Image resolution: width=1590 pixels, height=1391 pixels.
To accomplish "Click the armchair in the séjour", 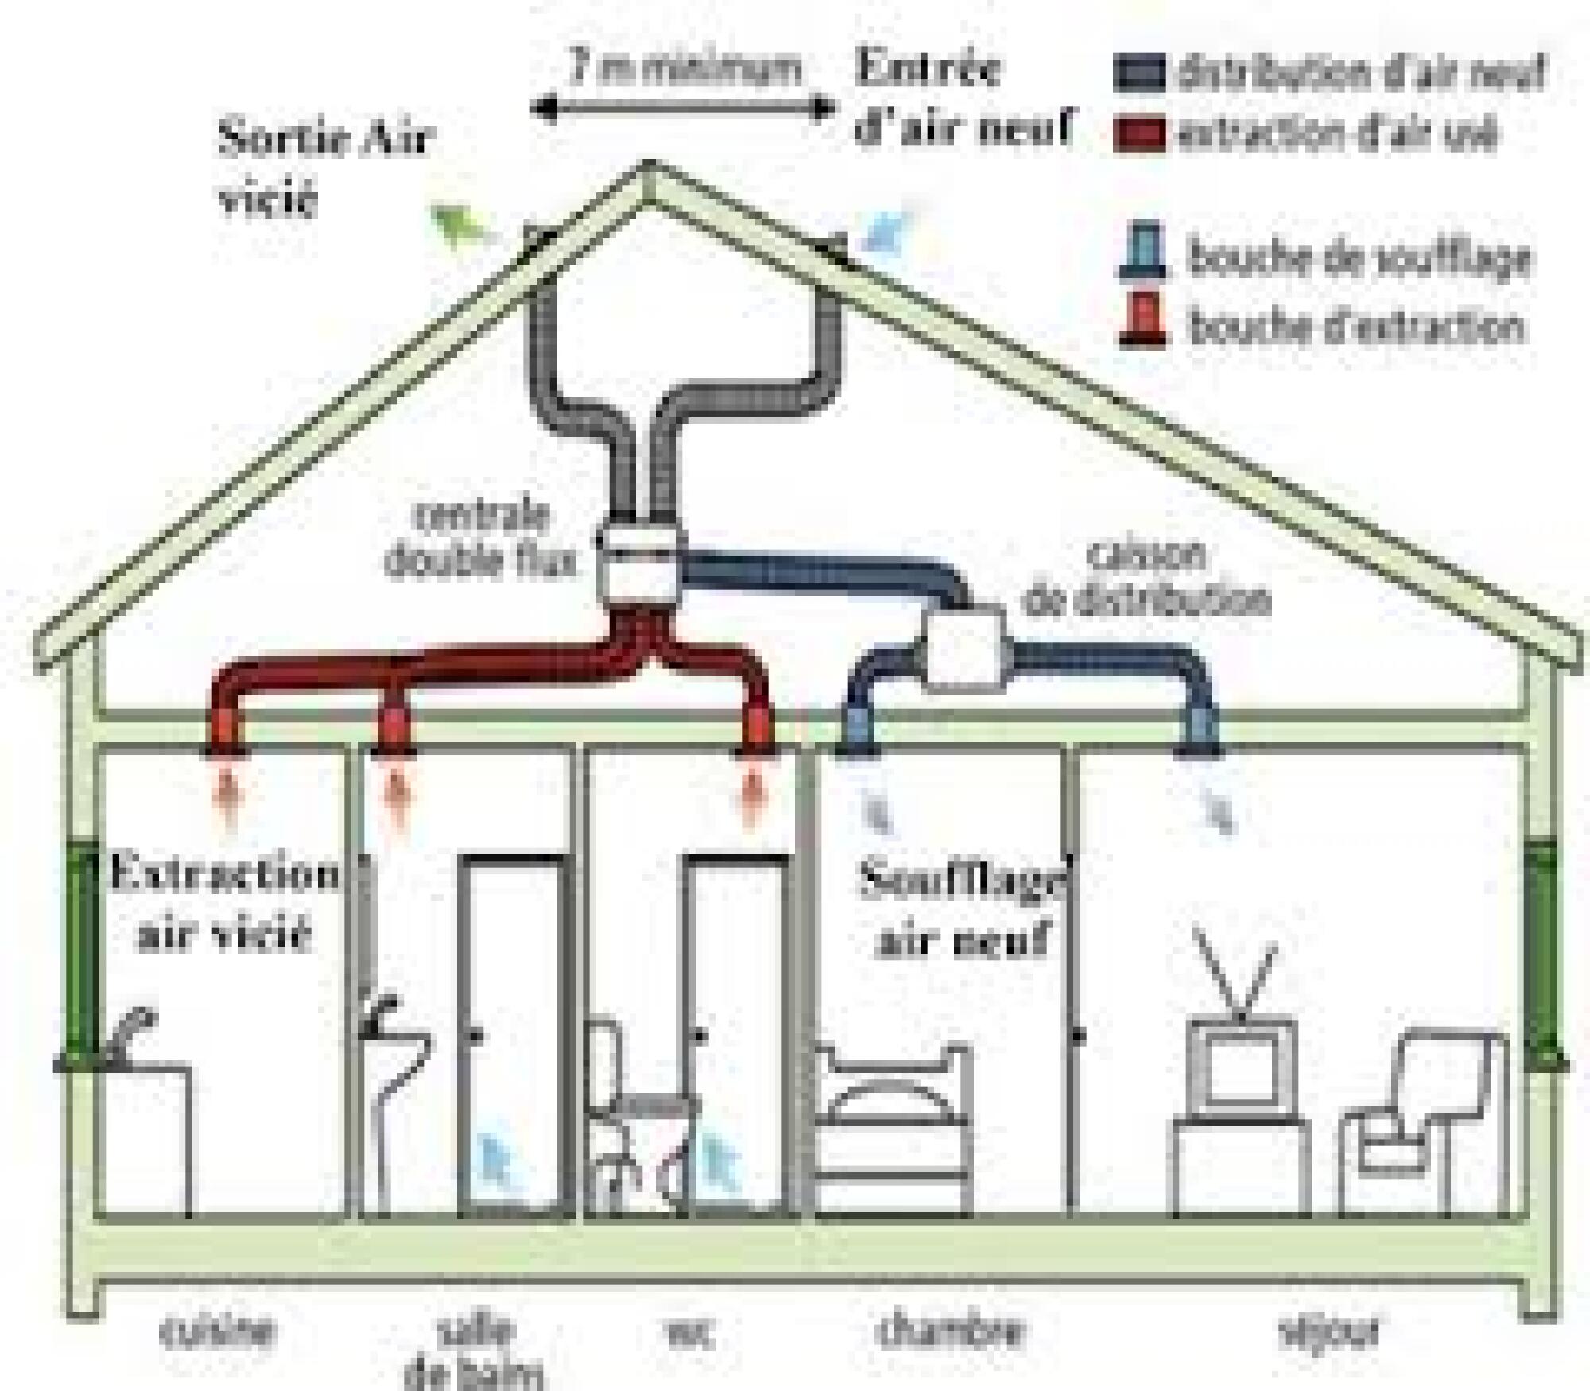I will [1423, 1121].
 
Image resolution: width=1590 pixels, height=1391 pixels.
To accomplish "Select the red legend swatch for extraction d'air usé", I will [1138, 134].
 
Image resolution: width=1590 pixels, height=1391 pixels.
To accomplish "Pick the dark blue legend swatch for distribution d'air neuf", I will [1138, 73].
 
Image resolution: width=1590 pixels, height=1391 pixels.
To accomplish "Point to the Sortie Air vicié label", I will [322, 167].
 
